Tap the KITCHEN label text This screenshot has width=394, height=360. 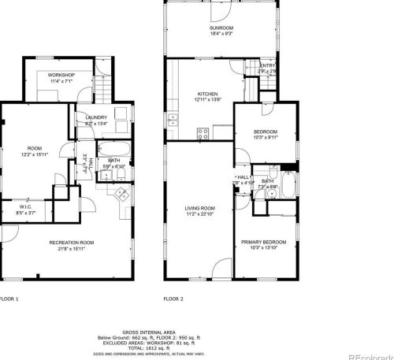click(x=207, y=94)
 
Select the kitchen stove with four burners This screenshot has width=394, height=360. click(x=203, y=134)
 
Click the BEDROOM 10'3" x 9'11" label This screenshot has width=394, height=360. click(x=265, y=132)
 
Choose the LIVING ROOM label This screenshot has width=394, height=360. click(x=199, y=208)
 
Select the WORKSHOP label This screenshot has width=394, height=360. click(x=61, y=75)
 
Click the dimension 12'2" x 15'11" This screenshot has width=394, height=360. click(x=35, y=154)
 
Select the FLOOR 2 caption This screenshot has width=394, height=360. click(x=173, y=299)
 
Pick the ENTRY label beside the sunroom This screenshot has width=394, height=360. click(x=268, y=66)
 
